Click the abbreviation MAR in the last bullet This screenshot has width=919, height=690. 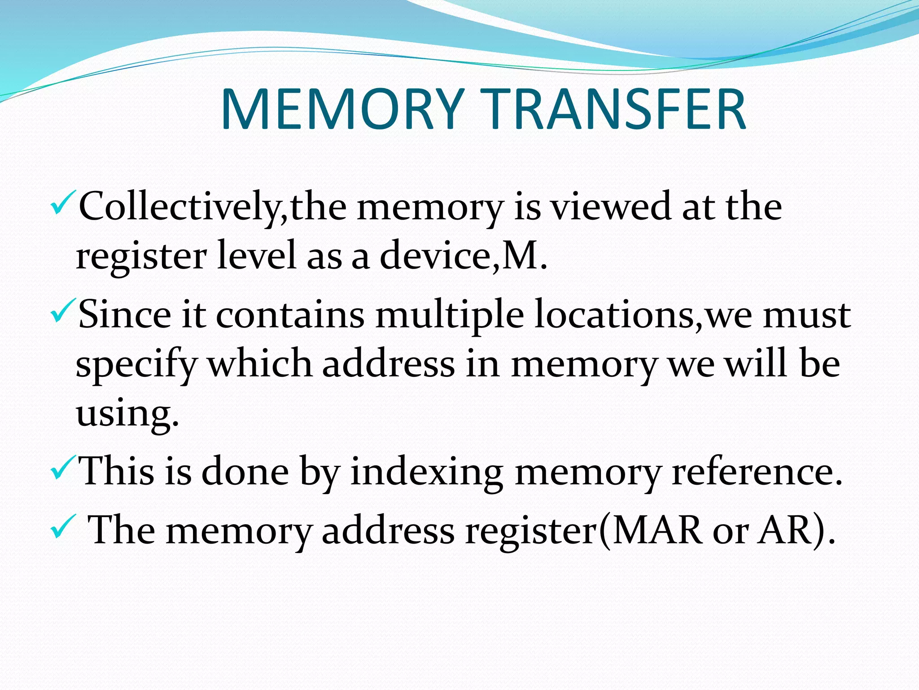click(657, 530)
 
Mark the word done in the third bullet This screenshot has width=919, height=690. click(245, 472)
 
